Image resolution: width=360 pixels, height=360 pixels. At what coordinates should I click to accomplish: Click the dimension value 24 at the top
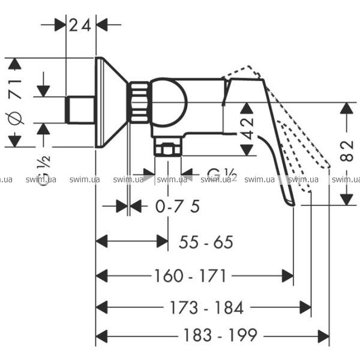[x=80, y=25]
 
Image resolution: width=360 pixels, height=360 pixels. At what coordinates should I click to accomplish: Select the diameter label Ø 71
[x=16, y=102]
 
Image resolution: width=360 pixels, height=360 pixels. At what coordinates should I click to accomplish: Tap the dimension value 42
[x=247, y=128]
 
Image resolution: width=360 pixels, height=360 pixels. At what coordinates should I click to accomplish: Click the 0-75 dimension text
[x=178, y=206]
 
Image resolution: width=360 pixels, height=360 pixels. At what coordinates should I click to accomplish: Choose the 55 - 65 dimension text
[x=206, y=242]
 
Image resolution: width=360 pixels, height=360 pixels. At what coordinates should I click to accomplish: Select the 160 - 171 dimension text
[x=191, y=276]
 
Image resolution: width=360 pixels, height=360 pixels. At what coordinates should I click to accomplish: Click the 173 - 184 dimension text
[x=206, y=308]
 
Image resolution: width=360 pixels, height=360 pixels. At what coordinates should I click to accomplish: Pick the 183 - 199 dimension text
[x=220, y=335]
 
